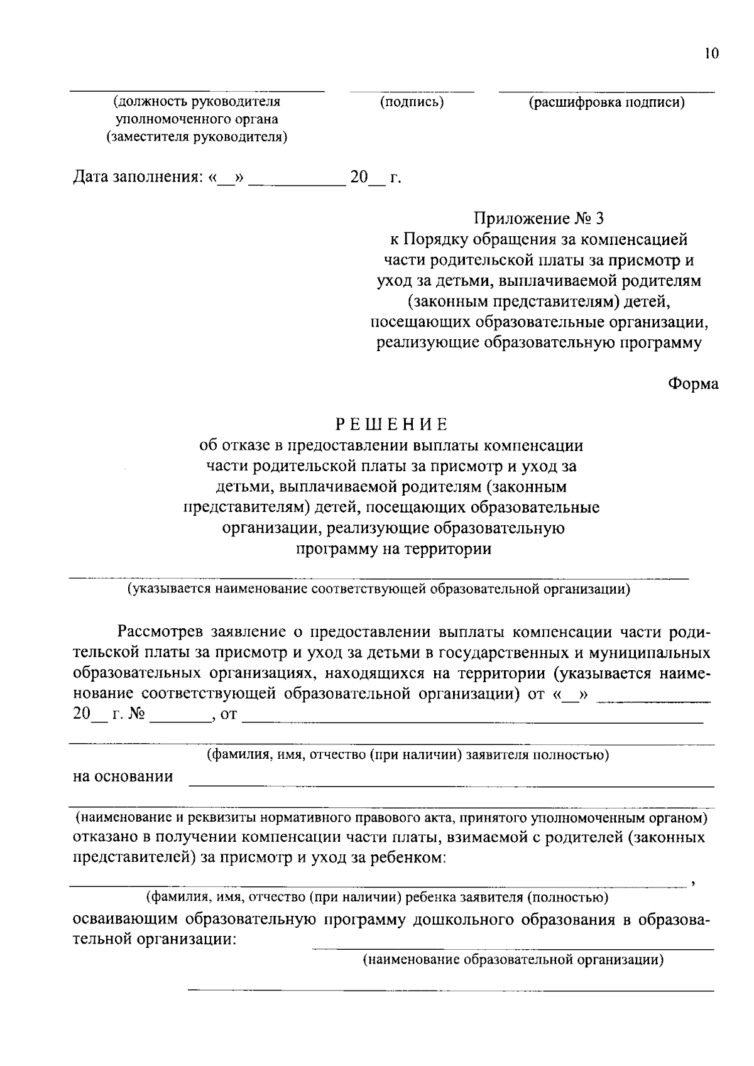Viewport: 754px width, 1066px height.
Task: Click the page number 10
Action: (711, 53)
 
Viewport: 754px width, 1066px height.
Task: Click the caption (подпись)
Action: (412, 102)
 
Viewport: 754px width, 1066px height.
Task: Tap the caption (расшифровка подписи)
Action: (606, 103)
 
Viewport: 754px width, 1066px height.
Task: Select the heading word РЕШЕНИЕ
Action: (392, 424)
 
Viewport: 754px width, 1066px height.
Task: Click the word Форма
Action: (693, 384)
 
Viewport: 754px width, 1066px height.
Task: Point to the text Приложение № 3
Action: (538, 218)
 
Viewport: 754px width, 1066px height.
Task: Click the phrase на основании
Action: (123, 776)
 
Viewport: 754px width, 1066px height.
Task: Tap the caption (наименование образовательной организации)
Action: (513, 960)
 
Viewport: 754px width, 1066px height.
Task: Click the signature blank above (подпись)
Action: (412, 92)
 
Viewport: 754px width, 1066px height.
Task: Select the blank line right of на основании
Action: (451, 785)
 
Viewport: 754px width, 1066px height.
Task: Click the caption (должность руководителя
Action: (197, 102)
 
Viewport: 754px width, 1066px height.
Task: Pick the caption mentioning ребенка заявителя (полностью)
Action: (376, 898)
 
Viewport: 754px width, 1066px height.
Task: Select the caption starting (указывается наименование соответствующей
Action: (378, 589)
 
